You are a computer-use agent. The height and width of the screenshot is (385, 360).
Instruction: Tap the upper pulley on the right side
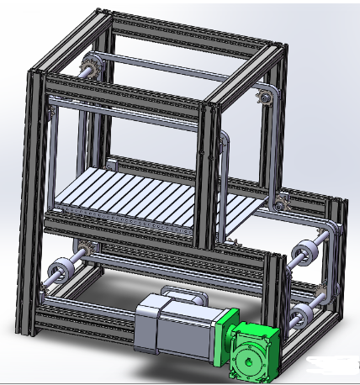point(304,251)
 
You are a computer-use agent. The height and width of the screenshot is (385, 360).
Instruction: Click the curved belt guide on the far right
point(336,252)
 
